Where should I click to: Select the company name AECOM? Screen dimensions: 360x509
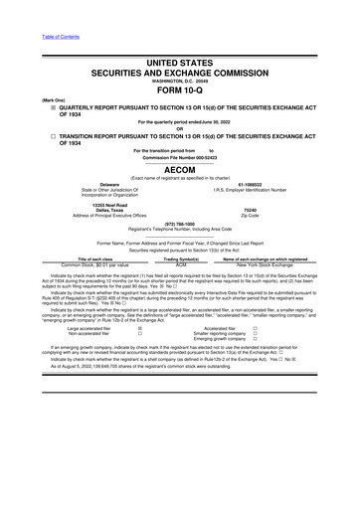point(180,169)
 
